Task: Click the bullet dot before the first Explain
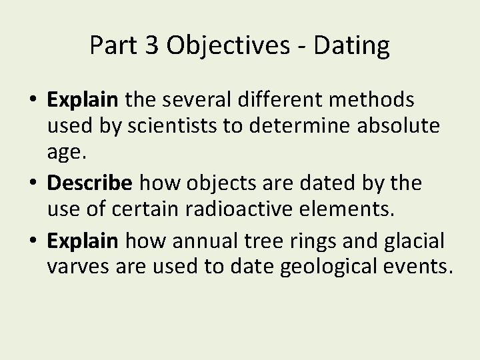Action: pyautogui.click(x=33, y=101)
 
